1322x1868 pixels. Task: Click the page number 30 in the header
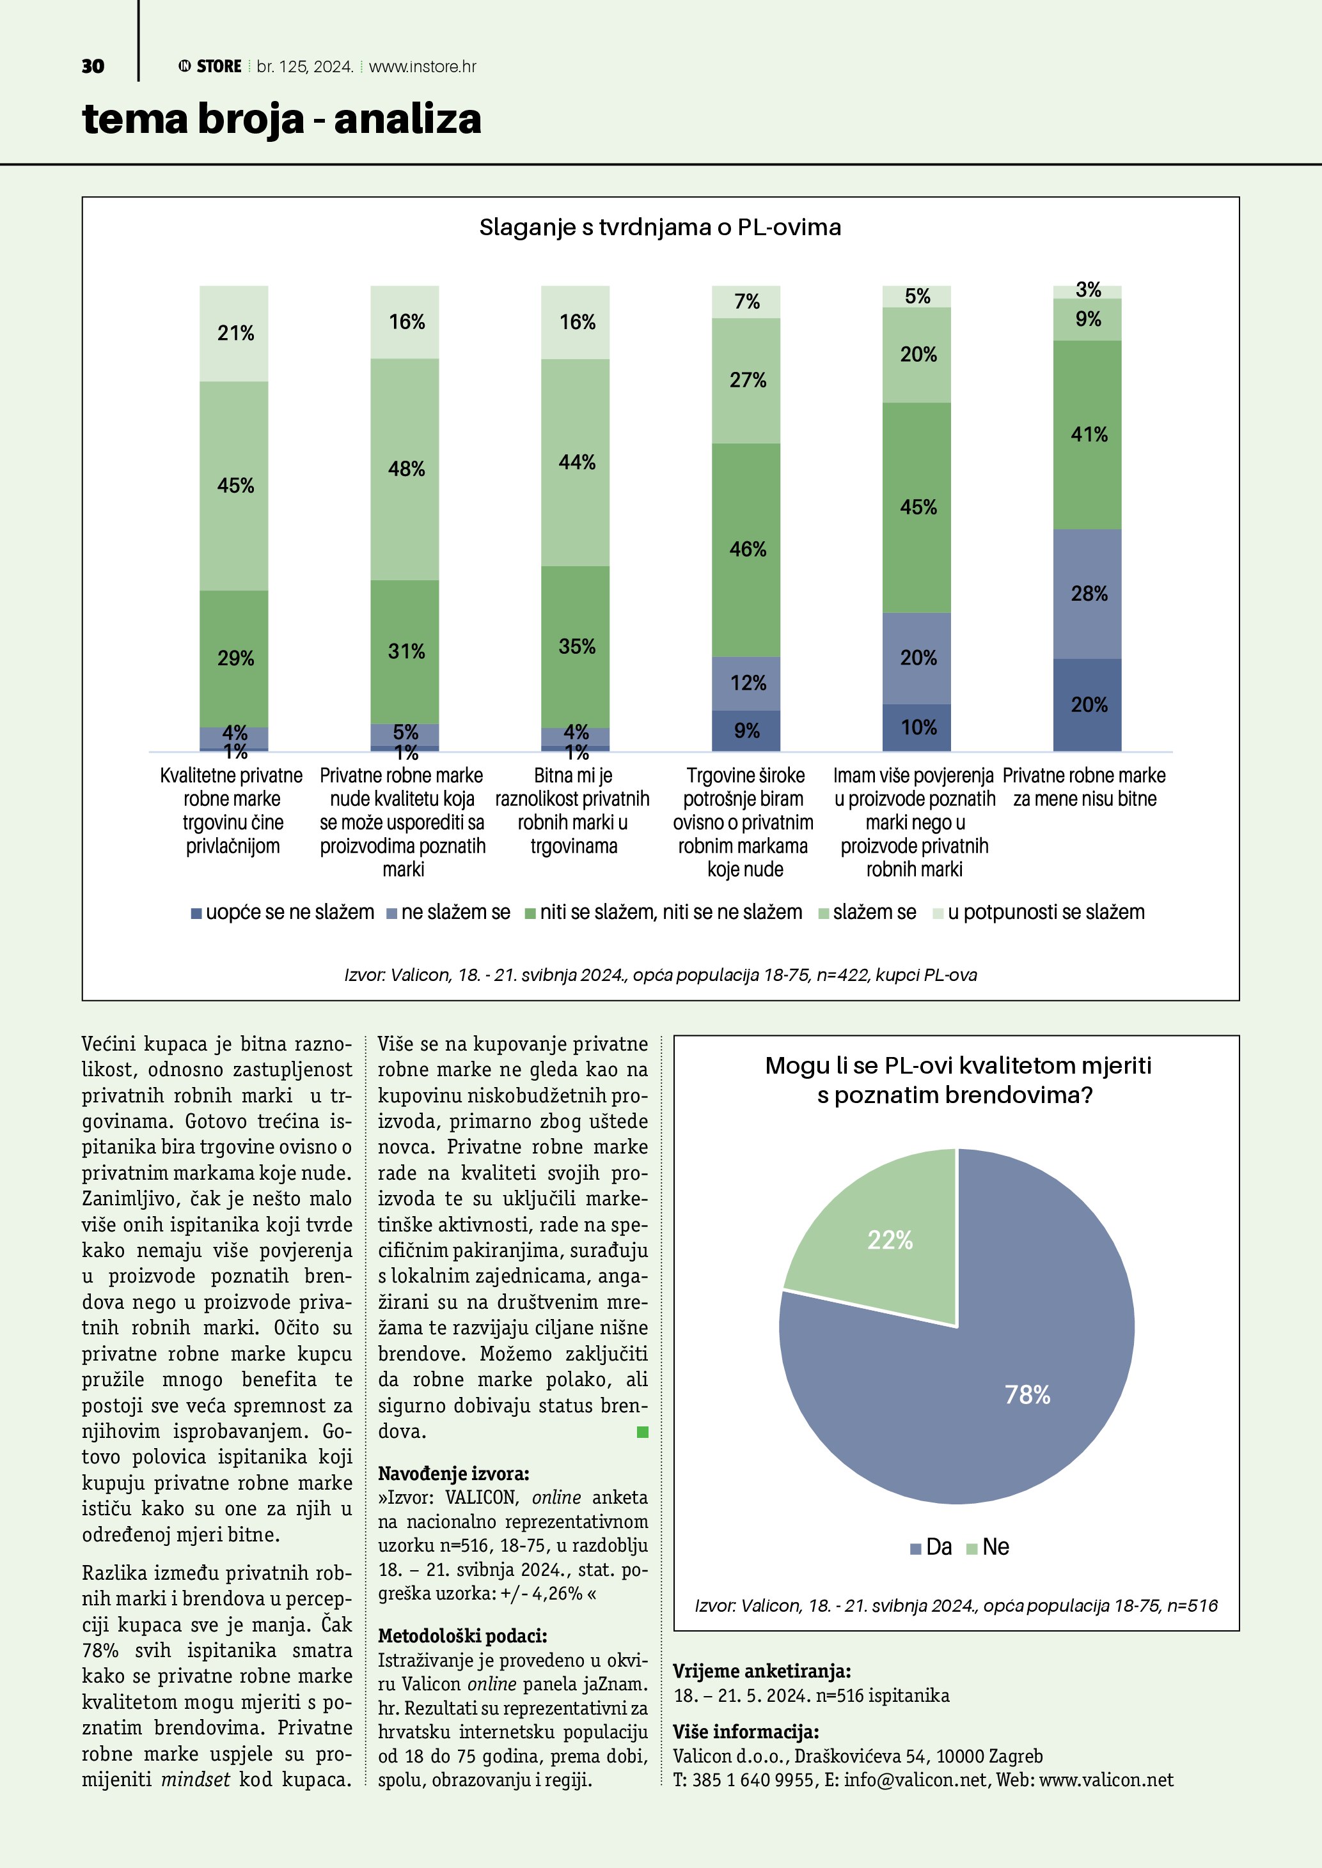point(93,66)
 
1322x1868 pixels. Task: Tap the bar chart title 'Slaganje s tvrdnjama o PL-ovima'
point(659,227)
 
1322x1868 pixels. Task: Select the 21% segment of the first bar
point(235,334)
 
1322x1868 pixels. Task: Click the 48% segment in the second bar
point(405,470)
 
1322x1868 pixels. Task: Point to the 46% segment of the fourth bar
point(746,550)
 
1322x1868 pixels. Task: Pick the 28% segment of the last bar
point(1087,594)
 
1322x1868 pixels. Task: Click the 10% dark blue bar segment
point(917,727)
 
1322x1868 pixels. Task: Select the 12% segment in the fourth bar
point(746,683)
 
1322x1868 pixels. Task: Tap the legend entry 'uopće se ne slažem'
point(283,913)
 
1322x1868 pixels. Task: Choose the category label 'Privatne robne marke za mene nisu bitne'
point(1083,787)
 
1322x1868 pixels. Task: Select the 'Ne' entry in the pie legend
point(988,1547)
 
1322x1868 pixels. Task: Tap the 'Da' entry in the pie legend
point(931,1547)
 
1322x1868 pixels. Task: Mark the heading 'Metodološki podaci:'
point(462,1635)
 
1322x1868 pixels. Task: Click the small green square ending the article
point(642,1432)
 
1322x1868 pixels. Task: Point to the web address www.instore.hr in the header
point(423,66)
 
